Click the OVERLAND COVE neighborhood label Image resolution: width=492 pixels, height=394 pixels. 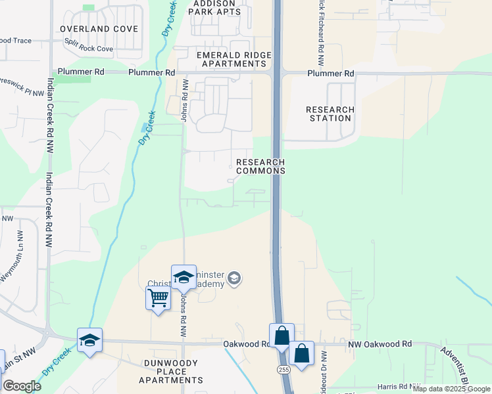click(x=99, y=29)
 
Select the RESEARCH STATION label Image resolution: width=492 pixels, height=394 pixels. click(x=330, y=114)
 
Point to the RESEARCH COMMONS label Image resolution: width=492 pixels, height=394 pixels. click(x=260, y=166)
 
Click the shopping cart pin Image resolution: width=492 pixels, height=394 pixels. click(x=158, y=298)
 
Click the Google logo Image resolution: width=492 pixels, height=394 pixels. click(x=22, y=386)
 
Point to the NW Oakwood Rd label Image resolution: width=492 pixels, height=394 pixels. click(x=380, y=343)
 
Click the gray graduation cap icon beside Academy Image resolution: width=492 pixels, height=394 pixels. click(x=234, y=280)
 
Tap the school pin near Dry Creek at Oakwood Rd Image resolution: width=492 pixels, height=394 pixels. click(x=89, y=339)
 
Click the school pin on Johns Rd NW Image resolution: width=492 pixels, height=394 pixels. click(x=184, y=276)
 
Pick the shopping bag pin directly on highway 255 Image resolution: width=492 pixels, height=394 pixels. click(x=282, y=335)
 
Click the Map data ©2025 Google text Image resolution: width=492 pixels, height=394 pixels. click(x=451, y=389)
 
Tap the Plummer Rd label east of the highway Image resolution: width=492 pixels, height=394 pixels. click(x=331, y=73)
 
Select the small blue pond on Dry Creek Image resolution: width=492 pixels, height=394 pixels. click(x=144, y=127)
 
